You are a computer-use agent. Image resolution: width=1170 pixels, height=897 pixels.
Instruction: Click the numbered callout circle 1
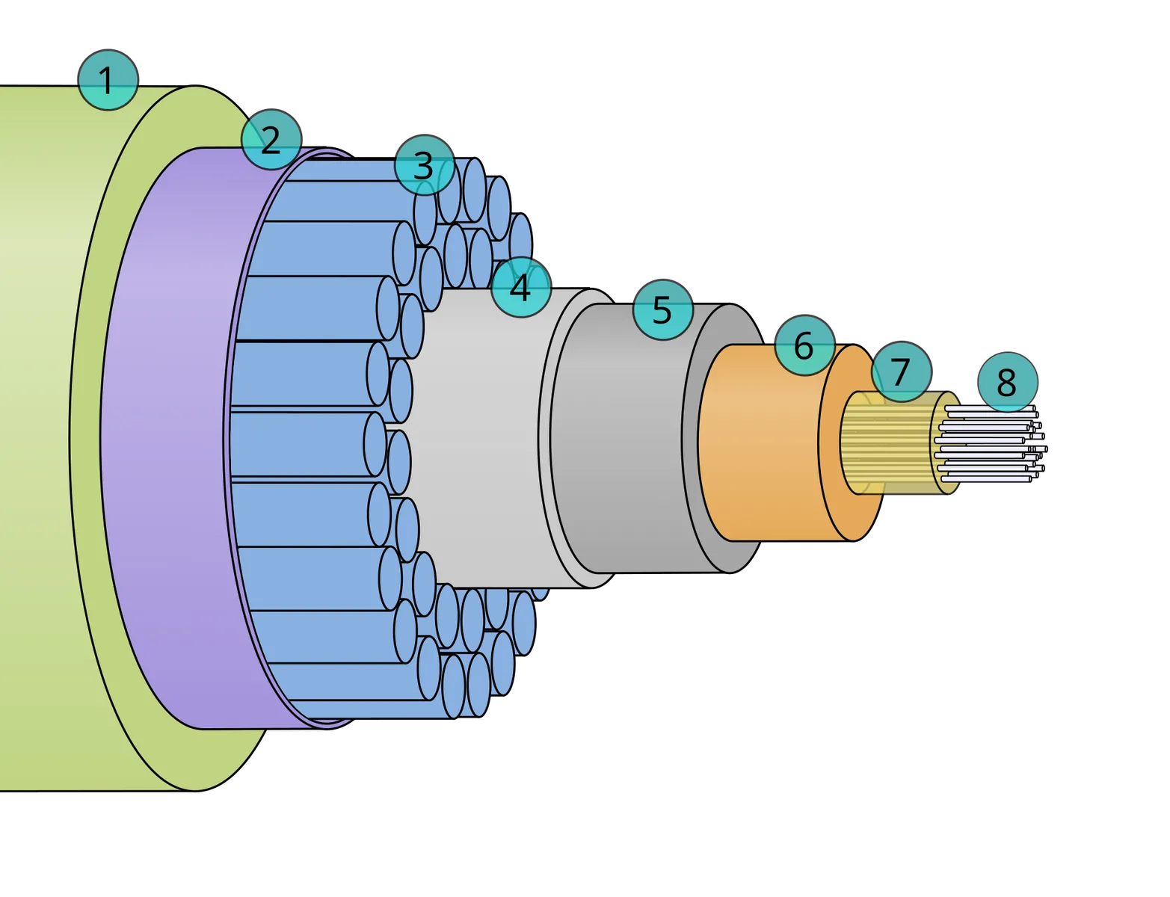tap(108, 80)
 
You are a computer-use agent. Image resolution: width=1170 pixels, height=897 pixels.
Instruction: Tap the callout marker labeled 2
tap(271, 139)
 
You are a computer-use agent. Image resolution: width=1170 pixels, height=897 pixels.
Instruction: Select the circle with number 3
tap(425, 164)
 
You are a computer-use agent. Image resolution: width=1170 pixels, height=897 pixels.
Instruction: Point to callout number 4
tap(520, 287)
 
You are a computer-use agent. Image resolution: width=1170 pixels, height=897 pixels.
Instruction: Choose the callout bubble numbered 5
tap(663, 309)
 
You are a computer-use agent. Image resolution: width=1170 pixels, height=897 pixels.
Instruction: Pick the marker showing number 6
tap(805, 345)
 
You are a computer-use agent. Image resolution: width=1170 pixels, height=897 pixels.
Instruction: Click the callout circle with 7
tap(902, 372)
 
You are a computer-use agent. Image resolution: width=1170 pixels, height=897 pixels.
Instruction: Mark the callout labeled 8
tap(1007, 382)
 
